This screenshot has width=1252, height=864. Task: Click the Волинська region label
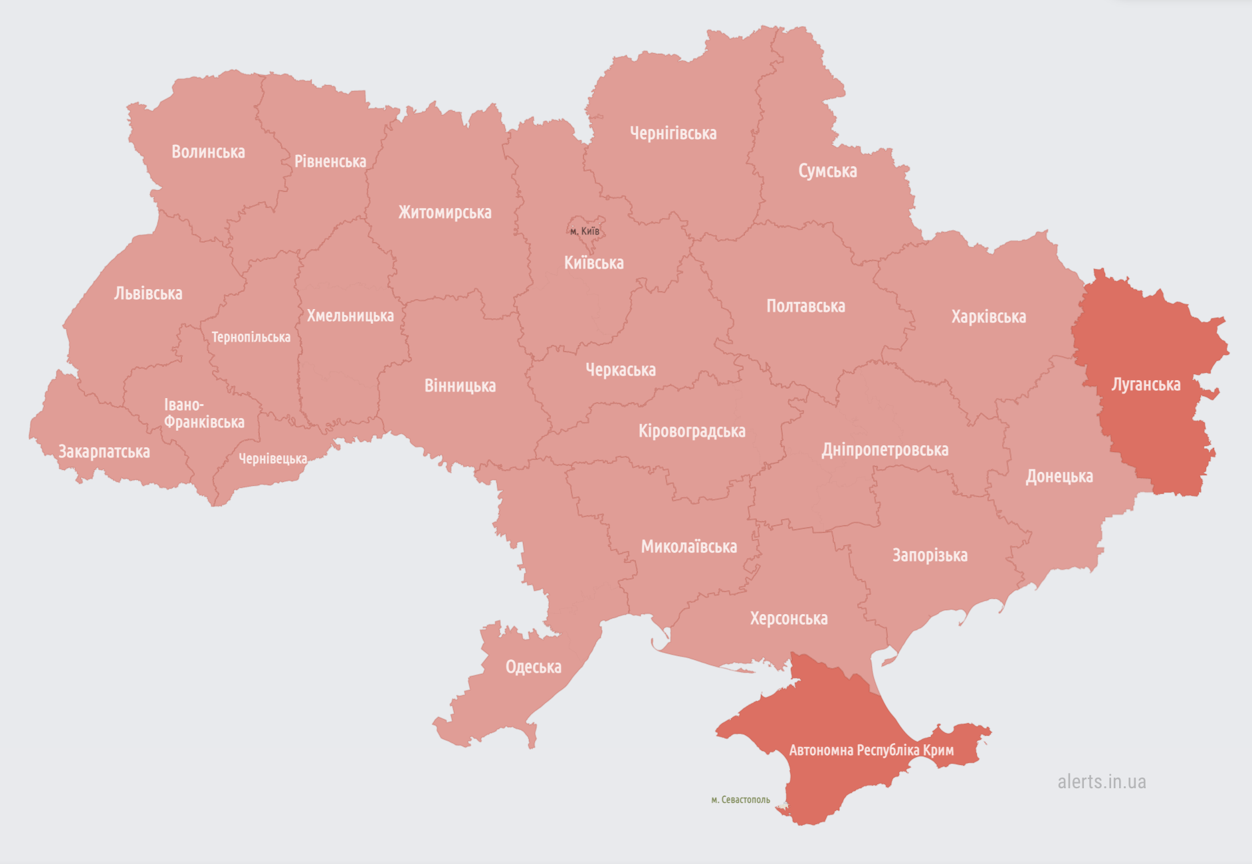pos(208,152)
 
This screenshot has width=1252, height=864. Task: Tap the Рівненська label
pos(330,162)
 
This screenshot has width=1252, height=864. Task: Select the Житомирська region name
pos(445,213)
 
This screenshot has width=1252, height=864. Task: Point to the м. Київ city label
pos(585,231)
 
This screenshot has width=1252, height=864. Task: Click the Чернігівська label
pos(673,134)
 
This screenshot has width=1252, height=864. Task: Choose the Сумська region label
pos(827,171)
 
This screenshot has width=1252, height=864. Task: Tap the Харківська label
pos(988,317)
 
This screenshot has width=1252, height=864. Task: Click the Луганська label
pos(1146,385)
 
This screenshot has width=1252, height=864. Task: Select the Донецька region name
pos(1059,477)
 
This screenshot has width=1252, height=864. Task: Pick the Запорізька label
pos(930,556)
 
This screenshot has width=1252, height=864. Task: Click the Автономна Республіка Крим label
pos(871,750)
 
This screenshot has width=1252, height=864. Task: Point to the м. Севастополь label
pos(740,800)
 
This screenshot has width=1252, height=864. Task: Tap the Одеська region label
pos(533,667)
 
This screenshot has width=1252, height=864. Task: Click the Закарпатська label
pos(104,452)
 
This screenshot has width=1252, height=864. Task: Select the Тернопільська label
pos(251,338)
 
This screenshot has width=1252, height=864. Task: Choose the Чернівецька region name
pos(272,459)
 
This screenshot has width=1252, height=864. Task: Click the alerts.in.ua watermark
pos(1101,782)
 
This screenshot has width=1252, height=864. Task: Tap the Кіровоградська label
pos(692,431)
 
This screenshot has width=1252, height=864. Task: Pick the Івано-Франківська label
pos(204,413)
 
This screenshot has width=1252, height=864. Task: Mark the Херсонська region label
pos(789,619)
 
